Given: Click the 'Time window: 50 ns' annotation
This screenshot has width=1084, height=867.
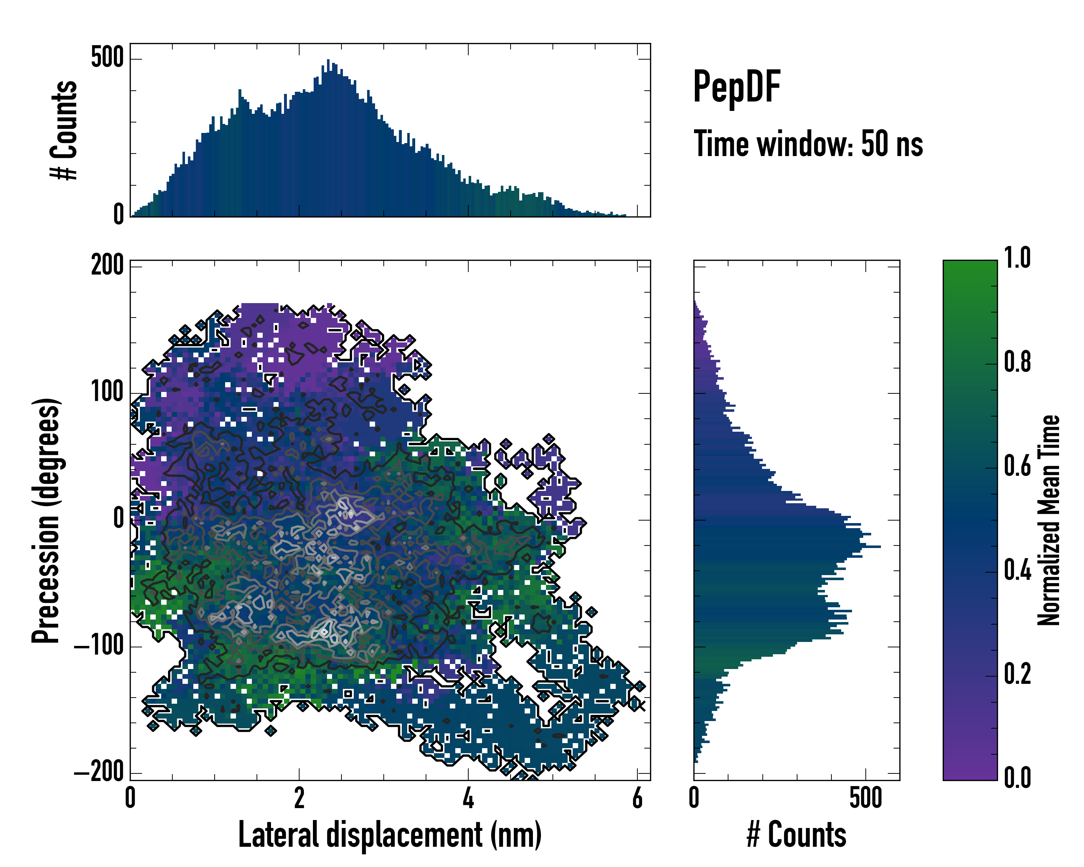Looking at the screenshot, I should [808, 144].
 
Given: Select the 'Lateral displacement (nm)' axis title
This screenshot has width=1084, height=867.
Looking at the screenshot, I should [390, 835].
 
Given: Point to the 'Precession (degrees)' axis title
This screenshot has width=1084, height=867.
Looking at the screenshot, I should [46, 520].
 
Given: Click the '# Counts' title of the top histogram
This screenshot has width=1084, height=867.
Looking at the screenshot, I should [64, 130].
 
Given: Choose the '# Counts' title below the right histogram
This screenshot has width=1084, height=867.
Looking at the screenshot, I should [796, 835].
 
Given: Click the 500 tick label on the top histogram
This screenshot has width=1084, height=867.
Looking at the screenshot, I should [107, 58].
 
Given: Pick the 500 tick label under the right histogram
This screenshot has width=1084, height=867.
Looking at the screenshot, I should [866, 798].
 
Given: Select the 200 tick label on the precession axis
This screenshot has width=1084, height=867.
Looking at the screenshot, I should [107, 264].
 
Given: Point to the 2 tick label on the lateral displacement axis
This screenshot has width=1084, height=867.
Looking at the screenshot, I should [299, 798].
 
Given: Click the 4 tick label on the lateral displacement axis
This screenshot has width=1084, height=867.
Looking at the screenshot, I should [468, 798].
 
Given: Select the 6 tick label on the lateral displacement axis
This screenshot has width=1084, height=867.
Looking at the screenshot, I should [637, 798].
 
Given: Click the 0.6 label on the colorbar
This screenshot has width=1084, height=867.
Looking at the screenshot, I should [1017, 466].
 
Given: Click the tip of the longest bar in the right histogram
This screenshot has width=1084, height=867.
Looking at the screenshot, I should [880, 546].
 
